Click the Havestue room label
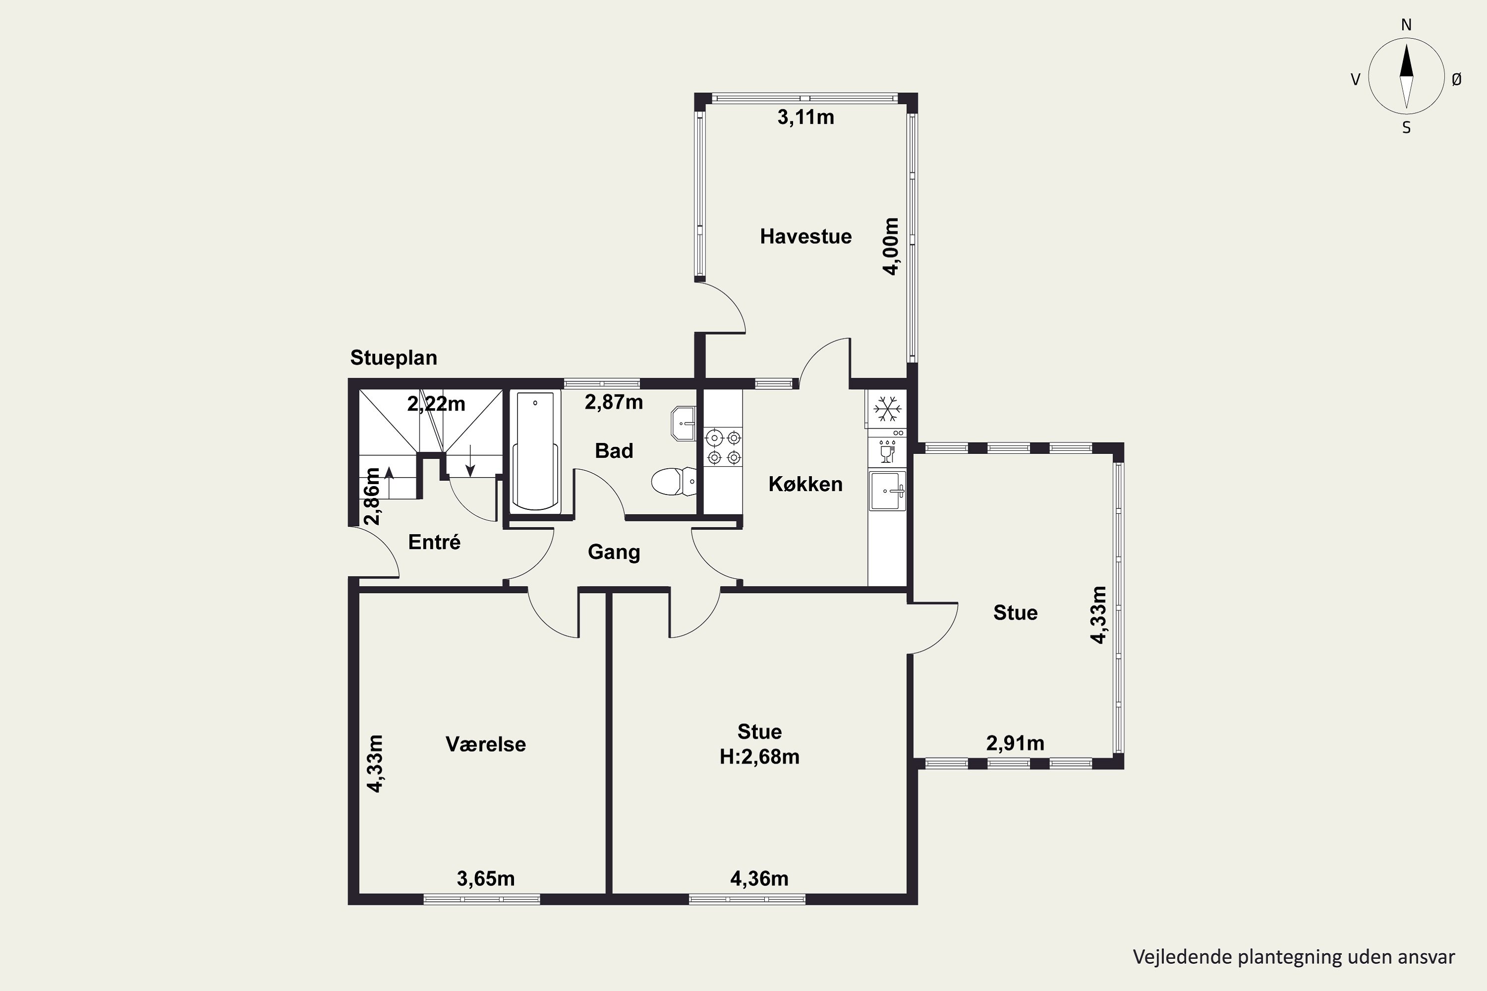[805, 236]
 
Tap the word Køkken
[805, 484]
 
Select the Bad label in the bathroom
[614, 450]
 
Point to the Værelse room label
[486, 744]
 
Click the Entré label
[434, 542]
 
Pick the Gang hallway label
[614, 552]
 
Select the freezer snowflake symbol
[887, 410]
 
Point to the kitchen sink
[888, 491]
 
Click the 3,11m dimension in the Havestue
[805, 117]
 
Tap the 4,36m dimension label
[759, 879]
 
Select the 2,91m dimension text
[1015, 743]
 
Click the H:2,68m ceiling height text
[759, 757]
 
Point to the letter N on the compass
[1406, 25]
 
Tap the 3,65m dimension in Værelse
[486, 879]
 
